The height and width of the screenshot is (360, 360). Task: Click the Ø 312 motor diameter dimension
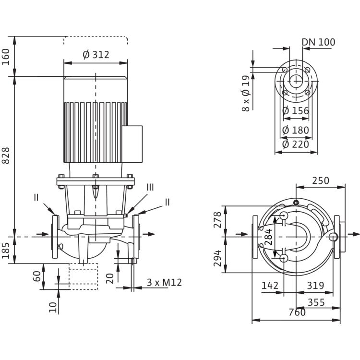click(x=96, y=55)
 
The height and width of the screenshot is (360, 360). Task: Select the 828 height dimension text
click(x=6, y=156)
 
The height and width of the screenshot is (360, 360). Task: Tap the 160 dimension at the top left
click(x=6, y=57)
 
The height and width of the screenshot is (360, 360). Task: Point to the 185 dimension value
click(x=6, y=251)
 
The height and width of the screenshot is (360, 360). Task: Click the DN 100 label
click(x=318, y=42)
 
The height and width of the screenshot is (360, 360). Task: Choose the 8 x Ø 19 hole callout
click(x=246, y=94)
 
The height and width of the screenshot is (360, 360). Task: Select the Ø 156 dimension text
click(x=296, y=111)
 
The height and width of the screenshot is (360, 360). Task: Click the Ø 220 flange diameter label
click(x=296, y=144)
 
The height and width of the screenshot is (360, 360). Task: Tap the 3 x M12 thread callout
click(x=164, y=283)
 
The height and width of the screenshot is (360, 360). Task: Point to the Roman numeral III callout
click(x=150, y=187)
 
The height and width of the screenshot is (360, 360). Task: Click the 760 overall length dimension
click(x=297, y=312)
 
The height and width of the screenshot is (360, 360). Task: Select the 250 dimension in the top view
click(x=321, y=180)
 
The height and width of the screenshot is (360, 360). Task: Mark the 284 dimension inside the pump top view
click(x=268, y=237)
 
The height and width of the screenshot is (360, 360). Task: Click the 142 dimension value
click(x=270, y=286)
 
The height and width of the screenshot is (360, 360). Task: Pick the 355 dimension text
click(x=316, y=302)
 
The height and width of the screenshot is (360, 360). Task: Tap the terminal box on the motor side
click(x=132, y=144)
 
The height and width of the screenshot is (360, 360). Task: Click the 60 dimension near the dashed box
click(x=37, y=276)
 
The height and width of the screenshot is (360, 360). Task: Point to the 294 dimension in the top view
click(x=217, y=258)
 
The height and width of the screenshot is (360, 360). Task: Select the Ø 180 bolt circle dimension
click(x=296, y=131)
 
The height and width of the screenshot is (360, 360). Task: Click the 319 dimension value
click(x=315, y=286)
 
